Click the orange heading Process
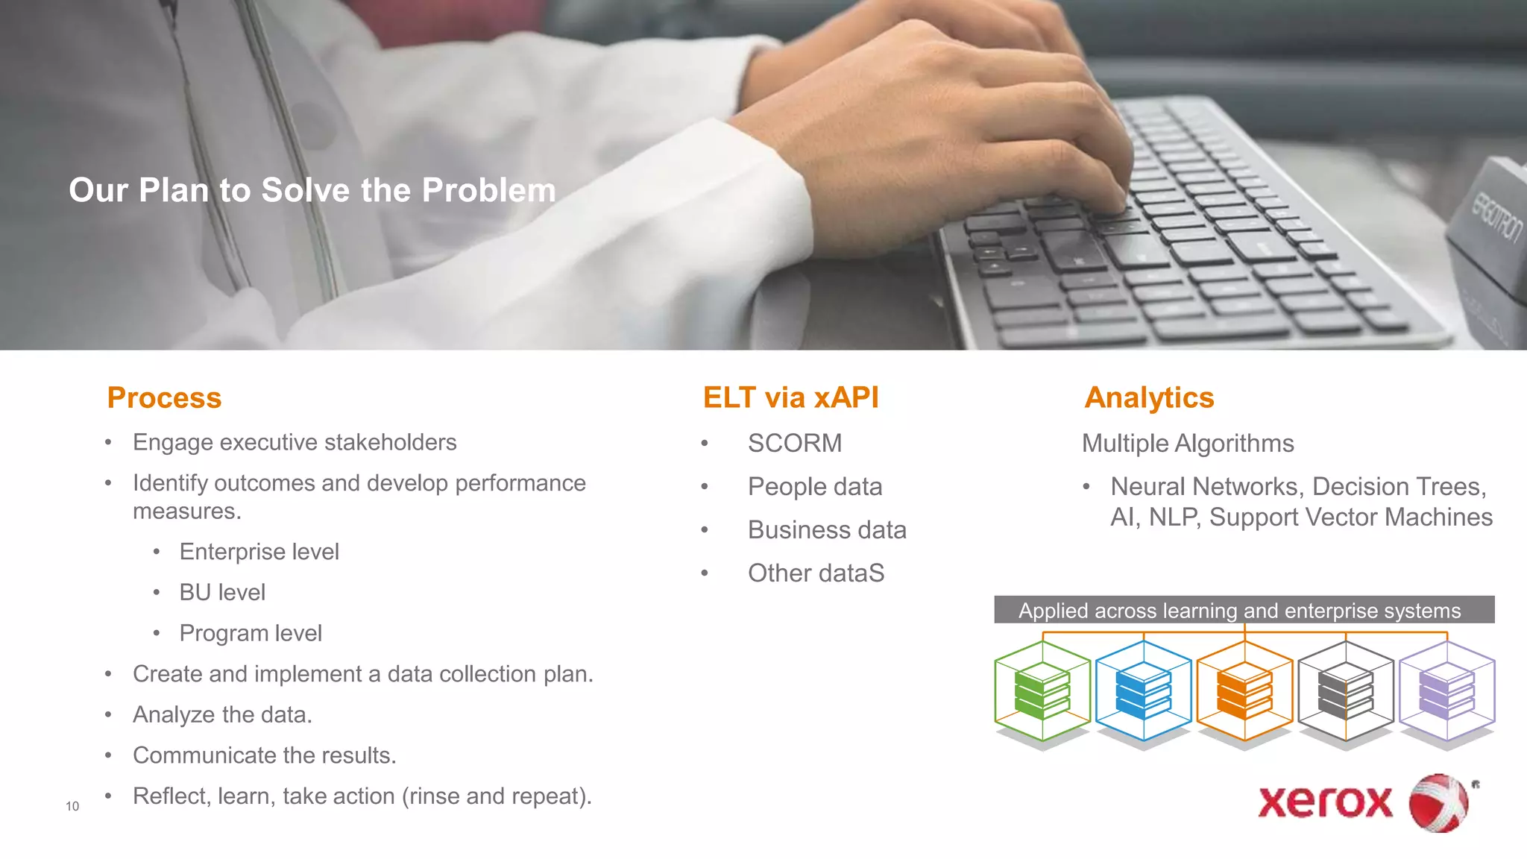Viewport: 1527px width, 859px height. [164, 398]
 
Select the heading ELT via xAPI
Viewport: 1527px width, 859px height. [790, 398]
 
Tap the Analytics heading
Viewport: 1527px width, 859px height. [1149, 398]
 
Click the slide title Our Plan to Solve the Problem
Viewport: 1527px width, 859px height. [312, 190]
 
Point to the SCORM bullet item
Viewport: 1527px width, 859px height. [795, 444]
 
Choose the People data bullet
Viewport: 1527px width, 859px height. [815, 487]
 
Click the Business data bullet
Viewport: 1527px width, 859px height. [827, 530]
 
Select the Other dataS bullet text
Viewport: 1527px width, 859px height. [816, 573]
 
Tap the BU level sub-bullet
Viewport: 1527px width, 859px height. [222, 593]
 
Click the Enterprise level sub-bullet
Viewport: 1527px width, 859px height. [259, 552]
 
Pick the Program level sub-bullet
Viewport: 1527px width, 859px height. [251, 633]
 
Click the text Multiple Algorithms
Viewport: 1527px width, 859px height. [1188, 444]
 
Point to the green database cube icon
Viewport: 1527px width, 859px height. [1042, 691]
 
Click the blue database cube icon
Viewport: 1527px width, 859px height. [1143, 691]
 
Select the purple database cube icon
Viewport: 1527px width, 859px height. [1446, 691]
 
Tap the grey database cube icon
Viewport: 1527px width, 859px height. [1346, 691]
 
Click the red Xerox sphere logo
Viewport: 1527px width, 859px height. [1438, 803]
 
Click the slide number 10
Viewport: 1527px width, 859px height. [72, 806]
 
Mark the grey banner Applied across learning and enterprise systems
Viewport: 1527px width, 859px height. [1244, 610]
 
